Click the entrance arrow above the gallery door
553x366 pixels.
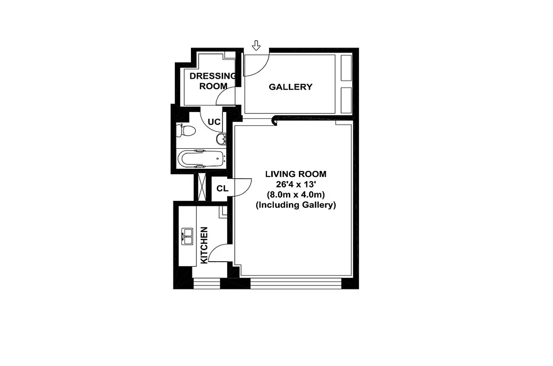click(256, 45)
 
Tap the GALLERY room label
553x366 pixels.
click(290, 87)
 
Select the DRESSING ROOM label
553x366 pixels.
click(213, 81)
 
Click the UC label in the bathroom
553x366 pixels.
click(214, 122)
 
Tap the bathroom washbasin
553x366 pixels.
click(221, 138)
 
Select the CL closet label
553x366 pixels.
click(222, 188)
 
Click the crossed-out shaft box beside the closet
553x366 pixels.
click(201, 187)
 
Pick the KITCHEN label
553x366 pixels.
click(205, 245)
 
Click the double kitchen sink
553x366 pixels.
click(188, 235)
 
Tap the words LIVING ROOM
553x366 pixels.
click(296, 174)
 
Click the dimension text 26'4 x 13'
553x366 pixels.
click(296, 184)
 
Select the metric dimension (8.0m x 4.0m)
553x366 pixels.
click(296, 195)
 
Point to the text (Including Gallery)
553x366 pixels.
click(296, 205)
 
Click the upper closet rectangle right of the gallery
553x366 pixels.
click(347, 69)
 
